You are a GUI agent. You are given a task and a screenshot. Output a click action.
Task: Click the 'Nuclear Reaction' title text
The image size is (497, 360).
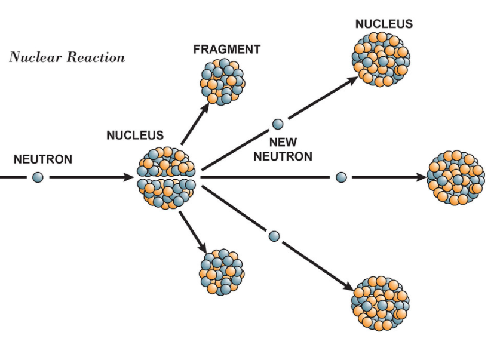67,58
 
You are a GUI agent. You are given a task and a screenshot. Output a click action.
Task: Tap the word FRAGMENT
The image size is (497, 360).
226,50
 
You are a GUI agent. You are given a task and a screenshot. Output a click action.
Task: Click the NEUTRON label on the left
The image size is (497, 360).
43,159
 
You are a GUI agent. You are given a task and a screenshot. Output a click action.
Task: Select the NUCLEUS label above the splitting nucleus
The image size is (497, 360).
135,136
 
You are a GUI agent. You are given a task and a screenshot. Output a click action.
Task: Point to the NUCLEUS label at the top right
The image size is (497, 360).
384,24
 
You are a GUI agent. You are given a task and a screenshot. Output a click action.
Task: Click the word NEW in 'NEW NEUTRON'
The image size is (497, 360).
283,143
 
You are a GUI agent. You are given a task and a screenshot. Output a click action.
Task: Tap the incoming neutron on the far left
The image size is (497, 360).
38,177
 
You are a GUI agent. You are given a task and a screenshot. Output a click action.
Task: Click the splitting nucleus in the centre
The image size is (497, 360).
167,177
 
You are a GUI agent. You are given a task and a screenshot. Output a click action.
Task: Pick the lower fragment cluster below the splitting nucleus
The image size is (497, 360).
221,272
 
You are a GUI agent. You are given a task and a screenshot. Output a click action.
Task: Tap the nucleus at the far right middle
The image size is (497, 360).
456,177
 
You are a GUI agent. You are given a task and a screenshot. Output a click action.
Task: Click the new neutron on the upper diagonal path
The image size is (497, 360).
277,124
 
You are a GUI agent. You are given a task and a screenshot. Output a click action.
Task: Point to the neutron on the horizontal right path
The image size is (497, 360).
341,177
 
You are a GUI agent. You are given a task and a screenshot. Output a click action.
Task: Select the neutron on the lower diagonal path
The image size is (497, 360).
274,236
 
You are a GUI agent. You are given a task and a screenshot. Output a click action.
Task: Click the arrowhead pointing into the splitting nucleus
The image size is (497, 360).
128,177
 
